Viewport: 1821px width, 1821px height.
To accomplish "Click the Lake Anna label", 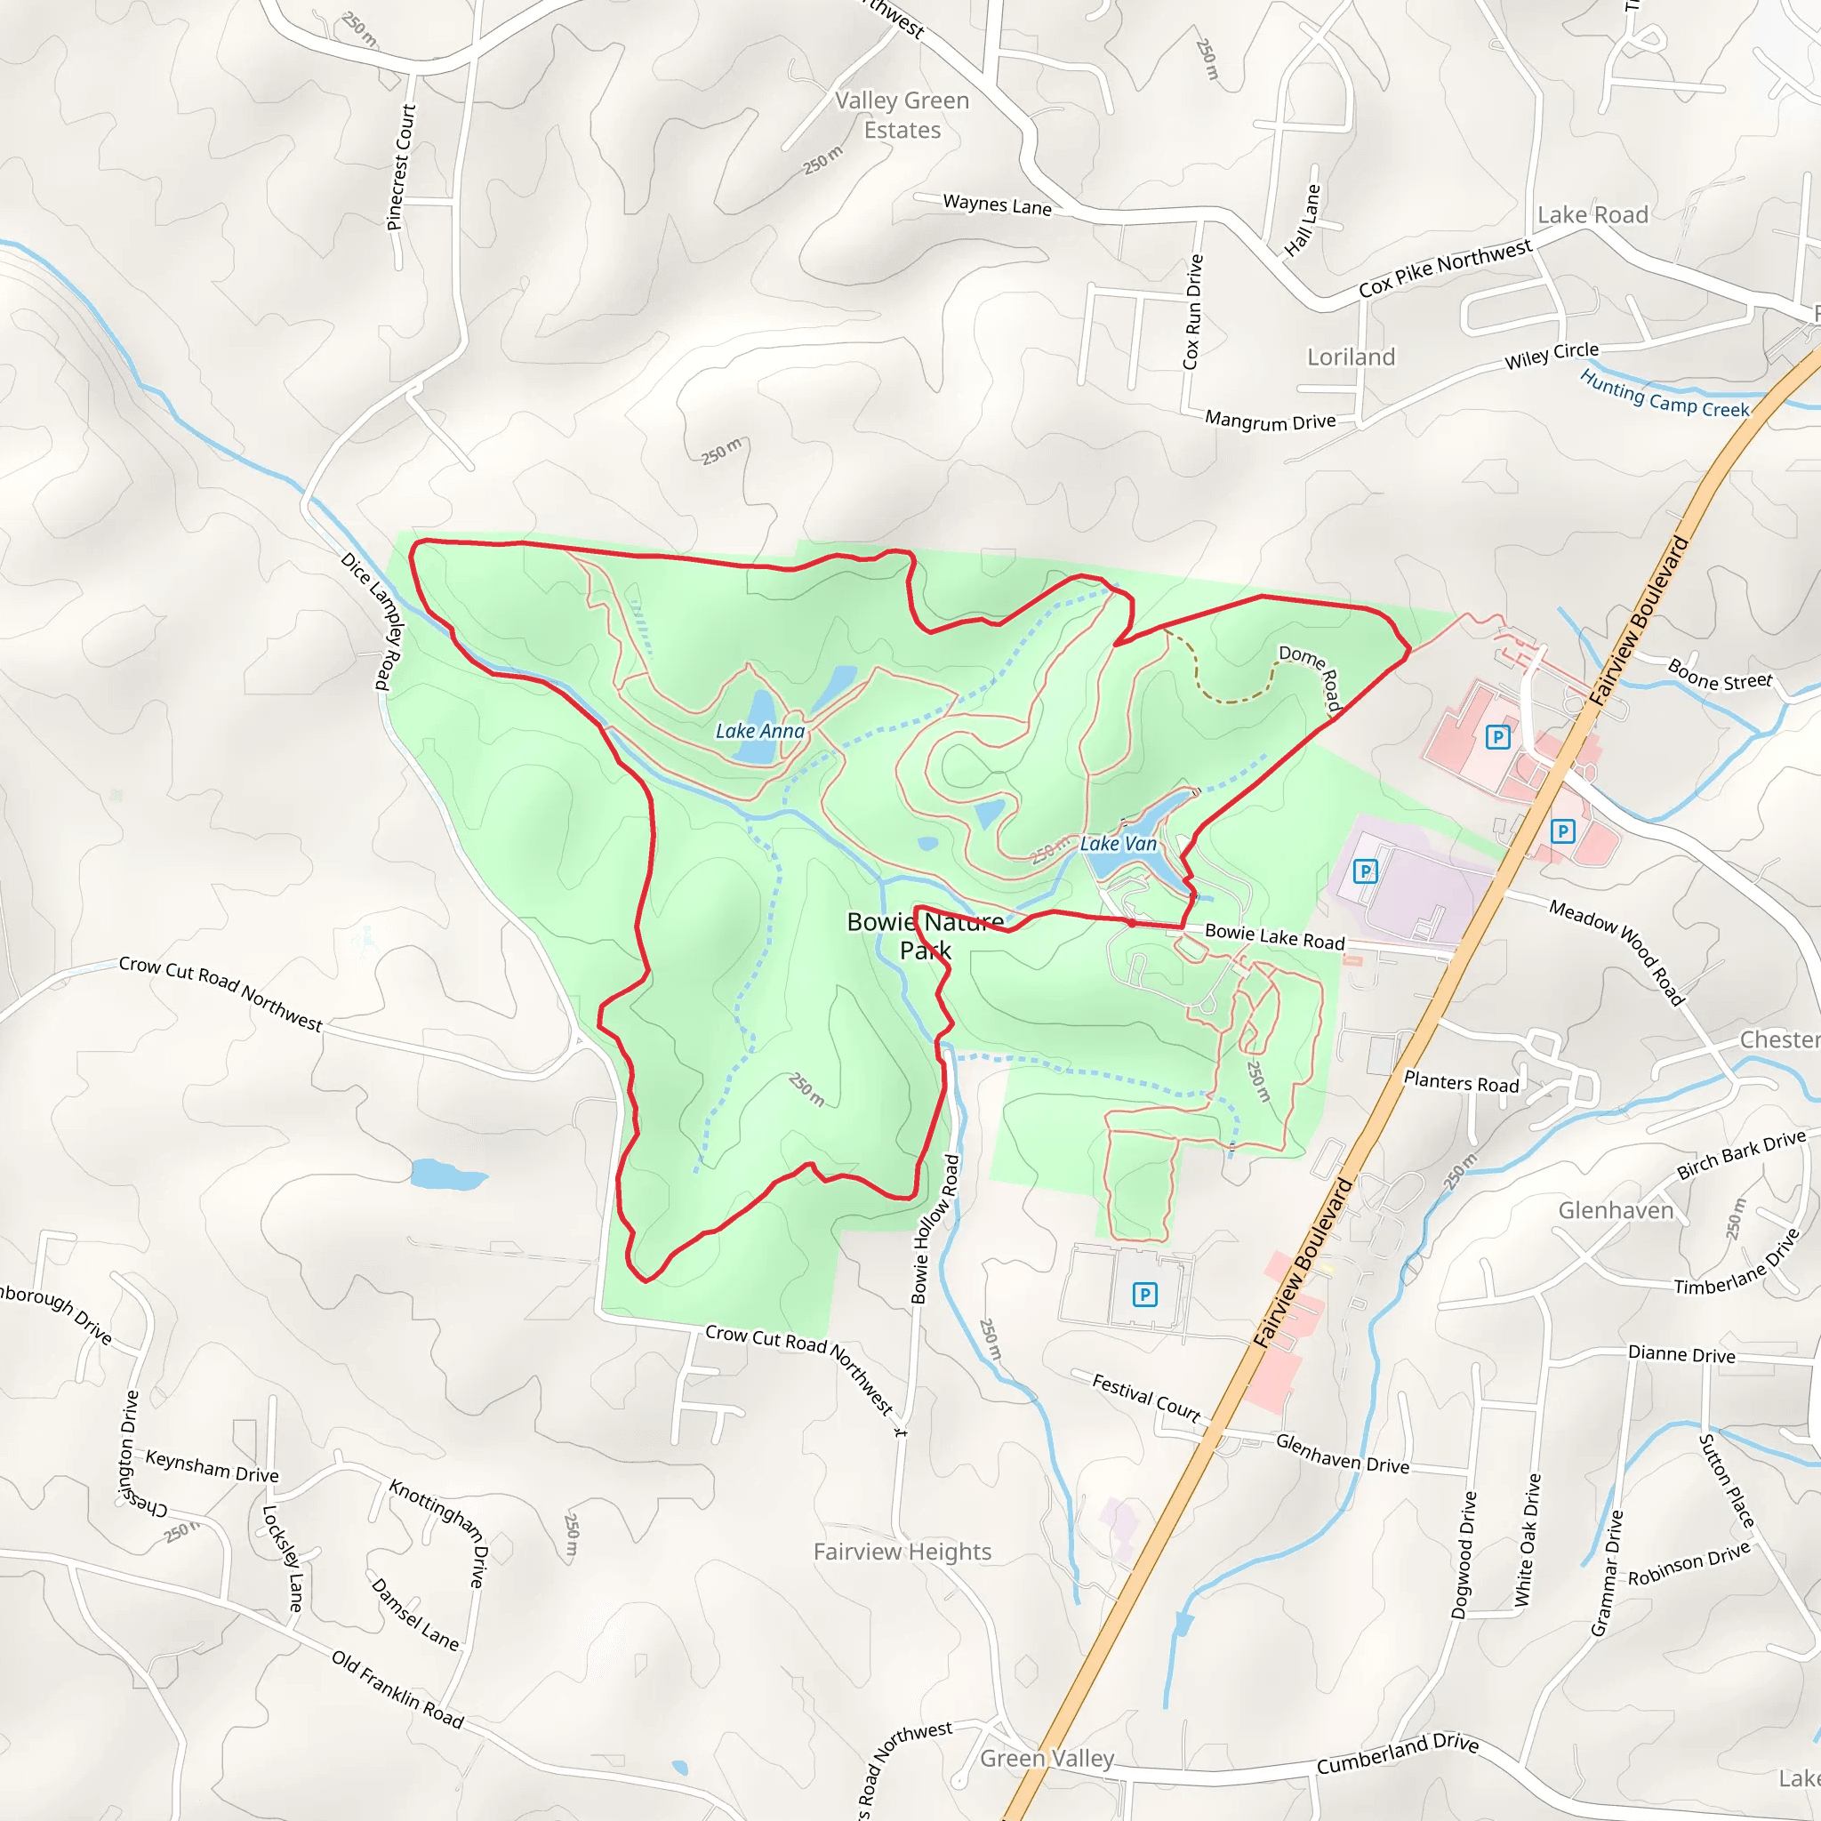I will pos(759,731).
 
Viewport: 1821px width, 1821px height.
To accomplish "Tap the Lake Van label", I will pos(1118,844).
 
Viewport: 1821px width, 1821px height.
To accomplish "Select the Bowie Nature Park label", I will pos(926,935).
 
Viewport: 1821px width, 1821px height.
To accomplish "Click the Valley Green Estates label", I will pos(902,115).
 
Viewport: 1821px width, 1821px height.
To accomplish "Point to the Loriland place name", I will pos(1351,357).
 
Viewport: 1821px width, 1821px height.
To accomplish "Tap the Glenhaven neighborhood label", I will pos(1616,1210).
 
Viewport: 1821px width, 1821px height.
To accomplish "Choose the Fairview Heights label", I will pos(902,1552).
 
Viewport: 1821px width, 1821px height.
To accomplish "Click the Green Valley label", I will pos(1047,1759).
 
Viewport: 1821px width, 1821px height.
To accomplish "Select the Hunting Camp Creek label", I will pos(1665,394).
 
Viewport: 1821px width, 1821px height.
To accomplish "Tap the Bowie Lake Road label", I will pos(1274,937).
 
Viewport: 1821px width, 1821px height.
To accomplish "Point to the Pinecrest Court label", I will pos(402,167).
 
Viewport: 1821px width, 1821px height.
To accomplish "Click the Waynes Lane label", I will pos(998,205).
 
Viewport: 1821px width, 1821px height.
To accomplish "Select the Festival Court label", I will pos(1146,1398).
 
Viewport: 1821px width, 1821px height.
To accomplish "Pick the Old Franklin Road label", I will pos(397,1690).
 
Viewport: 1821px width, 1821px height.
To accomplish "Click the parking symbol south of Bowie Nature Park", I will pos(1144,1294).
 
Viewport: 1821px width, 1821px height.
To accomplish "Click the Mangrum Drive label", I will pos(1270,421).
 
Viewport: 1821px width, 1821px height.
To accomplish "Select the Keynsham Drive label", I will pos(213,1465).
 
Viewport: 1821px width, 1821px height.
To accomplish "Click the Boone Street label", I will pos(1721,675).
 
